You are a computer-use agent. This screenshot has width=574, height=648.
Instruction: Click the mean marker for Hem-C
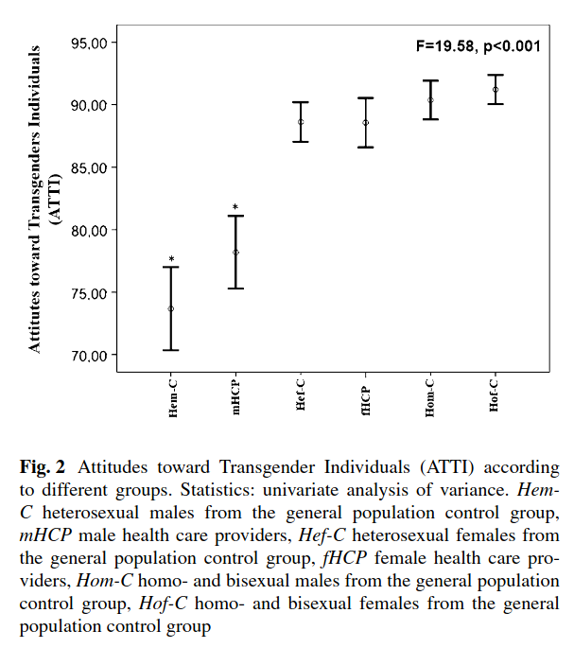click(171, 308)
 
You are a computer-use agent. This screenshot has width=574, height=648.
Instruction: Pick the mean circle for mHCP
click(235, 253)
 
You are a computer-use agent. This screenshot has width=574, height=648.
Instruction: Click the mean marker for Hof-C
click(496, 90)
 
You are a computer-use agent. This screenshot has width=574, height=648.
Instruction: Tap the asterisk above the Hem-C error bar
click(171, 259)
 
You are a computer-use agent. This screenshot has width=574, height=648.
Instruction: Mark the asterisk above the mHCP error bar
click(235, 207)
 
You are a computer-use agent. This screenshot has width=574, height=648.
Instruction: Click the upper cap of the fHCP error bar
click(366, 97)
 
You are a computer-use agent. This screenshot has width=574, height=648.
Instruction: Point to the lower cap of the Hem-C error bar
click(171, 350)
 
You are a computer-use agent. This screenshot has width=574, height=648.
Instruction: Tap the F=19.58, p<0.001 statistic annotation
click(478, 44)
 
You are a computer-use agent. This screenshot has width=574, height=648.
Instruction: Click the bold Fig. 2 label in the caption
click(42, 467)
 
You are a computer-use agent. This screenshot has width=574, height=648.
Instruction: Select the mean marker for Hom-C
click(430, 100)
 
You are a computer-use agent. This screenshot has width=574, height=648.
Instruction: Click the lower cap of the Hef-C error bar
click(301, 142)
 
